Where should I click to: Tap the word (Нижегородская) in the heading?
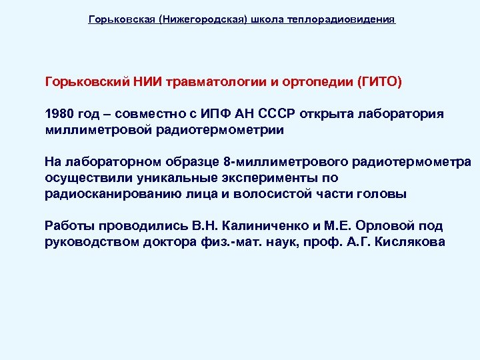tap(201, 20)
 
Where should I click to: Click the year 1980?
tap(60, 113)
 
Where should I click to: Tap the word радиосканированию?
tap(111, 194)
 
